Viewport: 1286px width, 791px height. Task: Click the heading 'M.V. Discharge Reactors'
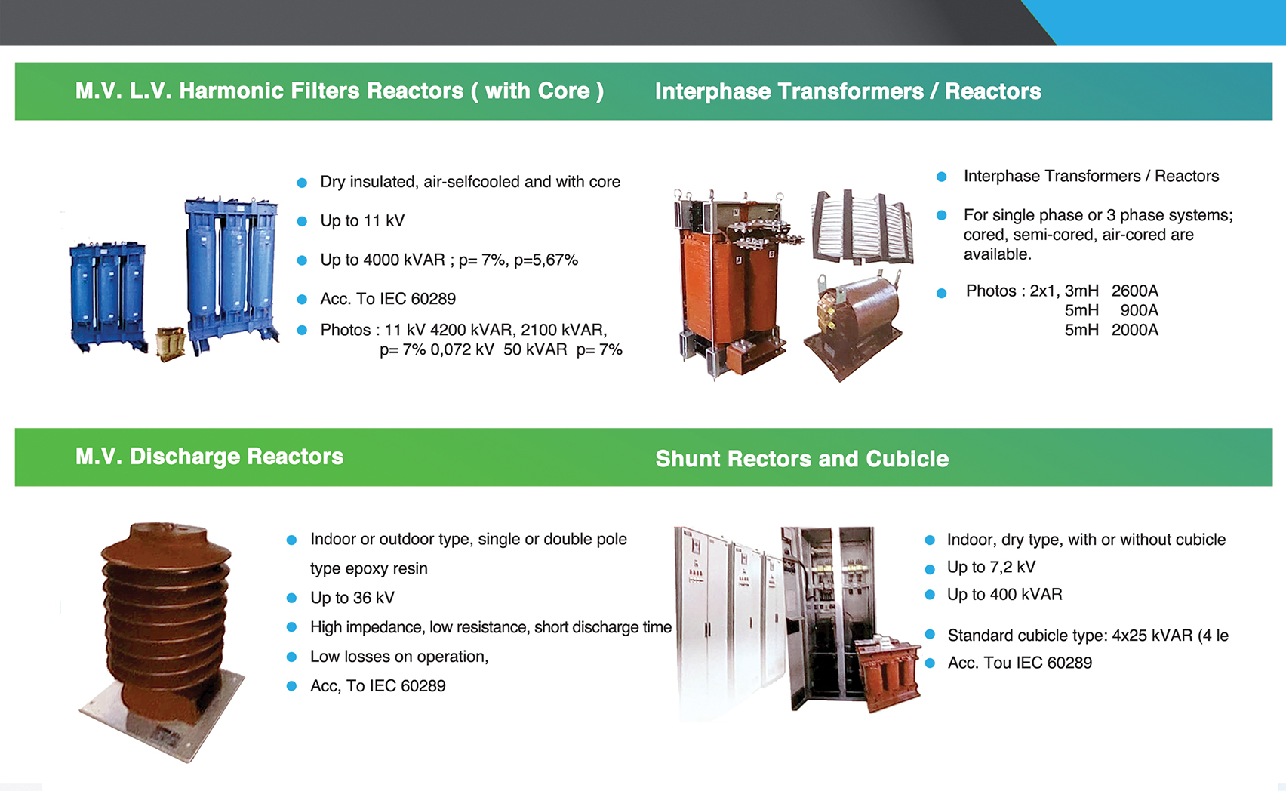tap(209, 457)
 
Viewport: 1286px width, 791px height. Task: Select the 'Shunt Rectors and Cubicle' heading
tap(801, 459)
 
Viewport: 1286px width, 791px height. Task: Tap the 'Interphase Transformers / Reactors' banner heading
tap(848, 91)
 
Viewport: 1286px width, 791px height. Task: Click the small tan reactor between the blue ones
tap(171, 343)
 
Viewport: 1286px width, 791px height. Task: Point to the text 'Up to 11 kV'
tap(362, 221)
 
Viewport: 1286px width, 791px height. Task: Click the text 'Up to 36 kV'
tap(352, 598)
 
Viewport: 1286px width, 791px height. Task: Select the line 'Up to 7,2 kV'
tap(991, 567)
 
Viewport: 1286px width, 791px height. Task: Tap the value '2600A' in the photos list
tap(1134, 291)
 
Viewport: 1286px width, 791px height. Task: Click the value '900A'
tap(1139, 310)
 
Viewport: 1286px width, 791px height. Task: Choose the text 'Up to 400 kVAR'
tap(1004, 594)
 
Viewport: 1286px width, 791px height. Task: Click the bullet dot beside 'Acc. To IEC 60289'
tap(302, 299)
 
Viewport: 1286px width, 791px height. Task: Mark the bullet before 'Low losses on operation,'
tap(292, 657)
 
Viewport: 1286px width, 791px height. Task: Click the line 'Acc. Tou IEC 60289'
tap(1020, 663)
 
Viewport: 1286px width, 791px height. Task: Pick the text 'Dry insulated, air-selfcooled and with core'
tap(470, 182)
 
